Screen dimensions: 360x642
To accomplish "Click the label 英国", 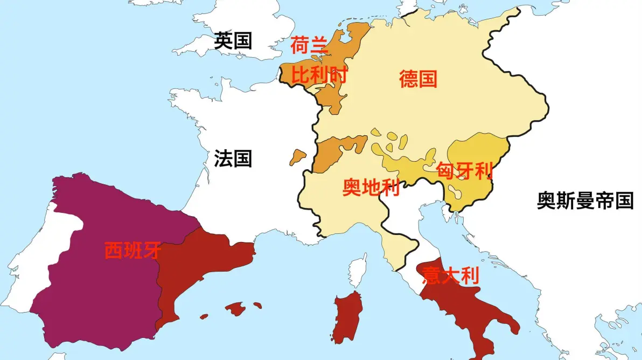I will tap(233, 41).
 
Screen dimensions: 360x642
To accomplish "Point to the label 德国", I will tap(418, 79).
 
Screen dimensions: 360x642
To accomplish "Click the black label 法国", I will tap(233, 158).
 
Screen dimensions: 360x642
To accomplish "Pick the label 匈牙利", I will tap(465, 171).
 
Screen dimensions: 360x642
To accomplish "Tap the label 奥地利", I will tap(371, 188).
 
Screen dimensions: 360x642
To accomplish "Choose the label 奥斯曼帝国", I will tap(585, 201).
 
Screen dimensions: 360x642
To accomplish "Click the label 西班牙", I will tap(132, 251).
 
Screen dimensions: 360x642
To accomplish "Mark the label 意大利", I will tap(450, 276).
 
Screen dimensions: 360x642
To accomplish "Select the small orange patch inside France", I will tap(297, 157).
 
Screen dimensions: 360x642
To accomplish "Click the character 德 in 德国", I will tap(408, 79).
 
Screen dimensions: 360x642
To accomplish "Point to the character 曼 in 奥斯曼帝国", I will tap(585, 201).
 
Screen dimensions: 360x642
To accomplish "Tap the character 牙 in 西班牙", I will tap(151, 251).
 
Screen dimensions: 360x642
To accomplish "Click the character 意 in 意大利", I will tap(431, 276).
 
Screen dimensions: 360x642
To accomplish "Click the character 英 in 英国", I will tap(223, 41).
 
